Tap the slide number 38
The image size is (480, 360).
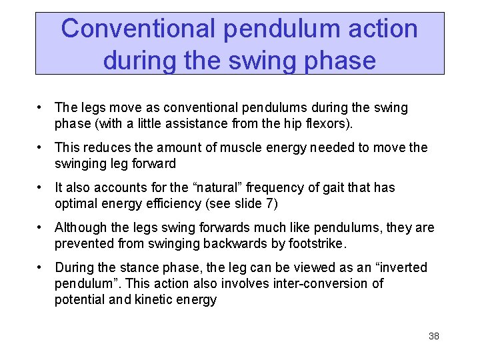pyautogui.click(x=433, y=336)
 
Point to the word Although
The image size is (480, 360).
pyautogui.click(x=80, y=227)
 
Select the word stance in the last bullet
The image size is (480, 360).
pyautogui.click(x=137, y=267)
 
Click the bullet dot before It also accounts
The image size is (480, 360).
pyautogui.click(x=41, y=187)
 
